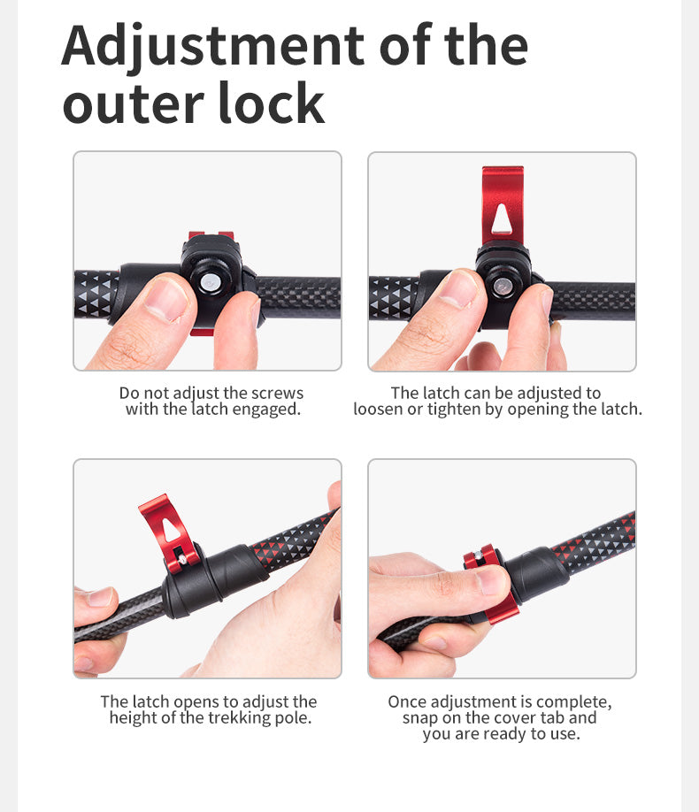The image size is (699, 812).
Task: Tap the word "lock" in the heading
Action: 272,103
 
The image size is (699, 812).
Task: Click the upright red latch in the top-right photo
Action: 502,205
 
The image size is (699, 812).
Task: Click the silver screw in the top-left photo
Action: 211,283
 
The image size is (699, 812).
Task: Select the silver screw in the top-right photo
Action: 502,287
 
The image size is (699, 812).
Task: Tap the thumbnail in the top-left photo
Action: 165,299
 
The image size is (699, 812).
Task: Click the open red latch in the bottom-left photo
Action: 168,532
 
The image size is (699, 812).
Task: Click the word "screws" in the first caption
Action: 277,393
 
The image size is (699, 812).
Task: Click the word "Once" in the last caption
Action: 408,701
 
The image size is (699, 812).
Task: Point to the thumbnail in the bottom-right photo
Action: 491,580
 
